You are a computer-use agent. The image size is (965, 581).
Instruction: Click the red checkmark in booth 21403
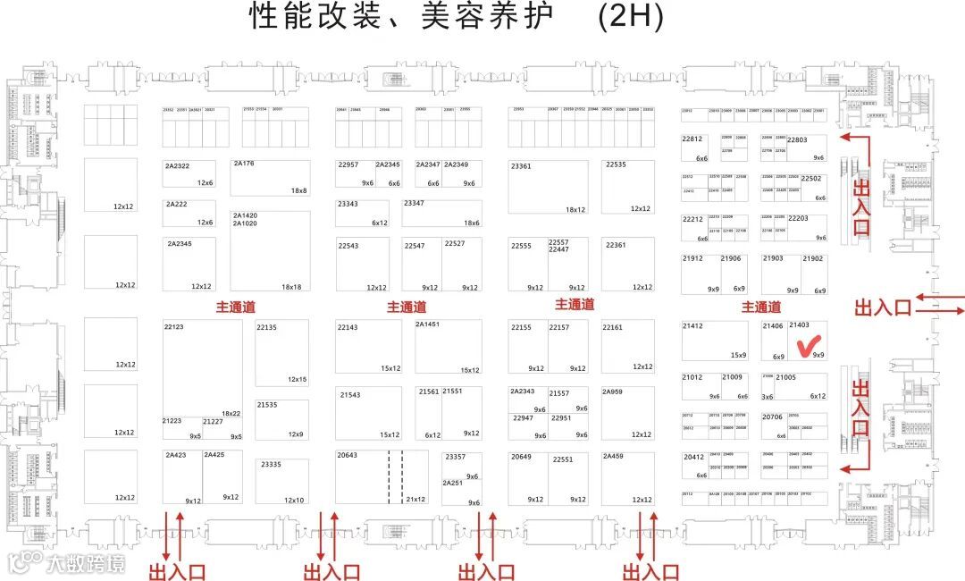click(808, 343)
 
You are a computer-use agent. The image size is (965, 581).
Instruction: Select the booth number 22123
click(173, 327)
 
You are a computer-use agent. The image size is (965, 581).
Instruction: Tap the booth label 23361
click(521, 166)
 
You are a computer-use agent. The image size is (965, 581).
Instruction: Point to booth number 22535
click(616, 164)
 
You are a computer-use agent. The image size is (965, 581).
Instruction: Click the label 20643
click(347, 456)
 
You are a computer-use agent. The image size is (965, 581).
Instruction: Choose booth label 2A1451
click(427, 324)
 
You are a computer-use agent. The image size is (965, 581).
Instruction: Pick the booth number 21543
click(350, 394)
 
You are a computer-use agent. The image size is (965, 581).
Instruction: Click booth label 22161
click(612, 327)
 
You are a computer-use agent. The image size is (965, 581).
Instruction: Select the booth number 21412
click(692, 326)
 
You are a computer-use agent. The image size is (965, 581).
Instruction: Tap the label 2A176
click(244, 164)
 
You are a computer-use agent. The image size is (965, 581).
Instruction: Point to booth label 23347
click(414, 204)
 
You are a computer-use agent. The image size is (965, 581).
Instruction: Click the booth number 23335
click(271, 464)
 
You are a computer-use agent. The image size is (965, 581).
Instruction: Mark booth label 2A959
click(612, 392)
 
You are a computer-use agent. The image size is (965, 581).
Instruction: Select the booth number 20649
click(521, 456)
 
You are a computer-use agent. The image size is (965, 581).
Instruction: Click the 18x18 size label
click(292, 287)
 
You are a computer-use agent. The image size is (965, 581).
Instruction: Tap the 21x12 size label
click(415, 500)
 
